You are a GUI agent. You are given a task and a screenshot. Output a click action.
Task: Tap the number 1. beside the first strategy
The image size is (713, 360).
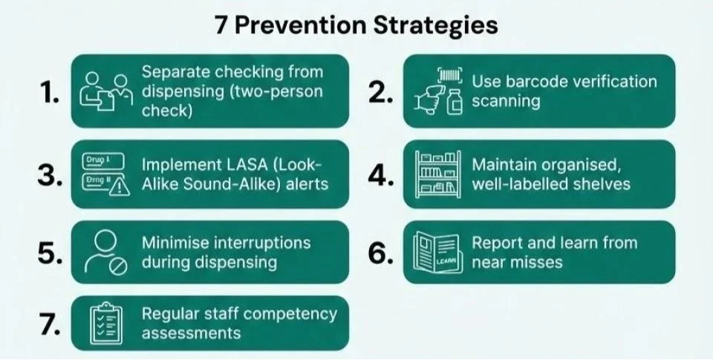click(51, 94)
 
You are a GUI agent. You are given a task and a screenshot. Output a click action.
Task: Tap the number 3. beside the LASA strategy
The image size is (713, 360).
click(51, 174)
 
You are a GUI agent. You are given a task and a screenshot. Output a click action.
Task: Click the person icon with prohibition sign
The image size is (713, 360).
click(106, 252)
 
